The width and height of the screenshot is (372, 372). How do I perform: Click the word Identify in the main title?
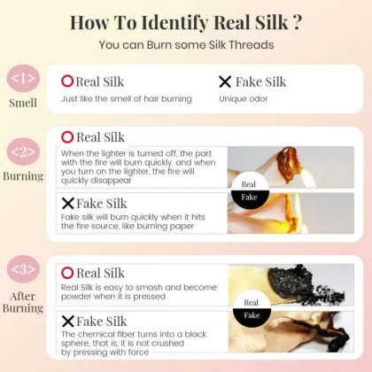(174, 23)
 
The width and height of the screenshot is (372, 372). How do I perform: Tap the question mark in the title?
(298, 22)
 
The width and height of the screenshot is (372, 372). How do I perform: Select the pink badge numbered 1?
(23, 79)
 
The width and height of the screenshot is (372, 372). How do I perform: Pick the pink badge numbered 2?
(23, 151)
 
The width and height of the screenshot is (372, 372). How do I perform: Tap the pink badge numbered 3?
(23, 269)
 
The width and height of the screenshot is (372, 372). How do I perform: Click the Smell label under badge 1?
(23, 103)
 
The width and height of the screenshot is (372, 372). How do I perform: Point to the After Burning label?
(23, 302)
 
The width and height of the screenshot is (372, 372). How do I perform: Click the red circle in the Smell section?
(67, 81)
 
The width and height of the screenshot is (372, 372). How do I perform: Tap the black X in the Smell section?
(225, 81)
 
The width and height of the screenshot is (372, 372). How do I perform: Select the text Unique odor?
(244, 99)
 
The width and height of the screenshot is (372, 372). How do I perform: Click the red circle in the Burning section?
(67, 137)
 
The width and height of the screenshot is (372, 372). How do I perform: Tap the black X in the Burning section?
(68, 203)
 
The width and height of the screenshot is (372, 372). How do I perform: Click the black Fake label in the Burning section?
(250, 198)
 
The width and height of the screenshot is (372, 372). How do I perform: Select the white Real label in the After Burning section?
(252, 303)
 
